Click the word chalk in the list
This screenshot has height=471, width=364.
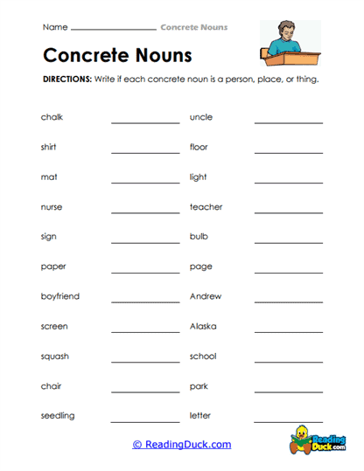tap(52, 117)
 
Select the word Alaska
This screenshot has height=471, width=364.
tap(203, 326)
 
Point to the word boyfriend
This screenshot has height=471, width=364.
tap(59, 296)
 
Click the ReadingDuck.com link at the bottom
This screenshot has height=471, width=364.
tap(182, 444)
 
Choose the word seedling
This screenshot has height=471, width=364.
tap(58, 415)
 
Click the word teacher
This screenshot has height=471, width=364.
tap(206, 207)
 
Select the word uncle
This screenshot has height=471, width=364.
tap(200, 117)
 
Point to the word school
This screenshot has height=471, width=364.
tap(203, 356)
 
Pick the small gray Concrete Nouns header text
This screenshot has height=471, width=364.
tap(193, 27)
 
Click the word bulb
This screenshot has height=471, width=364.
tap(199, 237)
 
